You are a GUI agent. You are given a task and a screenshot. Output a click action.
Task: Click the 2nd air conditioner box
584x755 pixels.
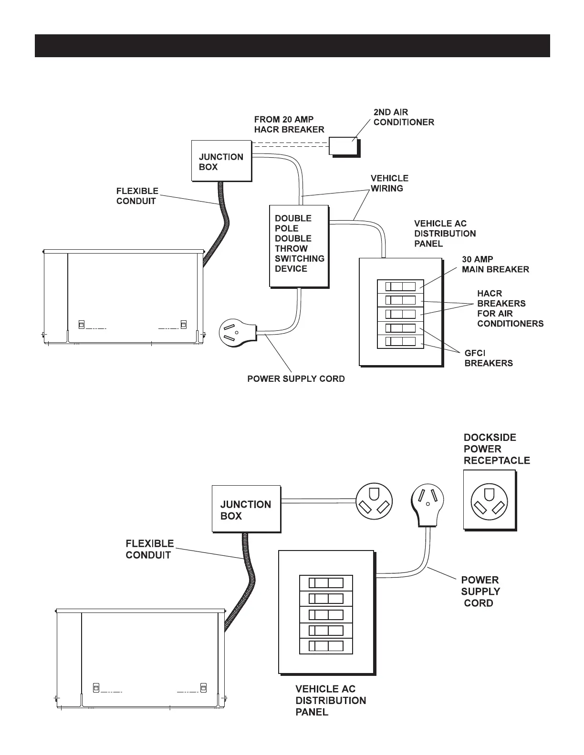[343, 146]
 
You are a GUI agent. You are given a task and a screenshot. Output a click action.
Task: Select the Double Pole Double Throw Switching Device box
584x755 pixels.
[299, 246]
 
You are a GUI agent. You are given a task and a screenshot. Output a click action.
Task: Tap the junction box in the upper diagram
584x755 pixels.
[221, 161]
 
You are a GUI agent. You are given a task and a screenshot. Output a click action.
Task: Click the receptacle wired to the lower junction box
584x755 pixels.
[374, 501]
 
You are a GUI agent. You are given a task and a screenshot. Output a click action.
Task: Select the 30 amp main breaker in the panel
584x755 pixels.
[401, 286]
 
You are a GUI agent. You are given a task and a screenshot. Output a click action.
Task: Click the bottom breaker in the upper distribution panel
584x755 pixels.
[401, 342]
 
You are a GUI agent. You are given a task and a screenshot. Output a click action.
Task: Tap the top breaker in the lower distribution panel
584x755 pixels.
[326, 583]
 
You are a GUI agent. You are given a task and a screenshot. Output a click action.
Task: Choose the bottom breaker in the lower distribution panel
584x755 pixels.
[326, 647]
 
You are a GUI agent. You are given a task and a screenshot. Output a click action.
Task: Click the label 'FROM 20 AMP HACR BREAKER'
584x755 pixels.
[289, 124]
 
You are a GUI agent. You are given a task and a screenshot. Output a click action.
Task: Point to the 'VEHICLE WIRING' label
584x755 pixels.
[389, 183]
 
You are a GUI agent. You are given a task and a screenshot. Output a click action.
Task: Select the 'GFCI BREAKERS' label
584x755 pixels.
[489, 358]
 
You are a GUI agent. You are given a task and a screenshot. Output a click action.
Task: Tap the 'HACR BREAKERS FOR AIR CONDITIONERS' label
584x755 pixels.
[510, 308]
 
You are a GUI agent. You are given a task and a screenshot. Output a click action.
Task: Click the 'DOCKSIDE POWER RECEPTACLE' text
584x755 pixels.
[496, 449]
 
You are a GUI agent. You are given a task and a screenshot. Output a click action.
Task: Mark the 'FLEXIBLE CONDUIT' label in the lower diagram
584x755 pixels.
[149, 549]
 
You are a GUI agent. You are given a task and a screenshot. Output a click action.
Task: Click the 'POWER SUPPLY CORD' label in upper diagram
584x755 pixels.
[296, 379]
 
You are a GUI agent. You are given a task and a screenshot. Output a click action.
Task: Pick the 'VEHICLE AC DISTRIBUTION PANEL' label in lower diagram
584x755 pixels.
[331, 700]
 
